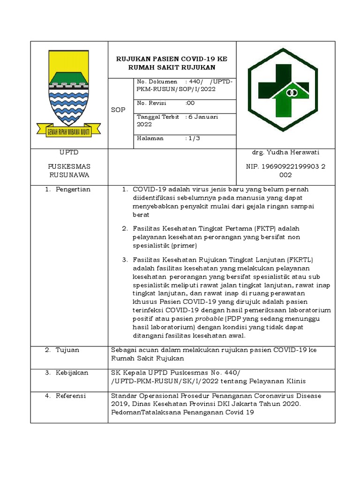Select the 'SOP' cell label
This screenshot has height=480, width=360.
click(118, 110)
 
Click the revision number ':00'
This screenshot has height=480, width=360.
click(190, 103)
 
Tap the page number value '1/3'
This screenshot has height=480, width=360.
click(193, 138)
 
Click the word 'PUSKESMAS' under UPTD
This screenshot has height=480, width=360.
click(69, 166)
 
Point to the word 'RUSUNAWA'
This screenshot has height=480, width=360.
click(69, 175)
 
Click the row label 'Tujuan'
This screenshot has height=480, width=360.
click(67, 350)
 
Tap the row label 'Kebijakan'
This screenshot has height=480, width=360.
click(72, 372)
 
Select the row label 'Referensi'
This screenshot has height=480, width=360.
click(71, 396)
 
